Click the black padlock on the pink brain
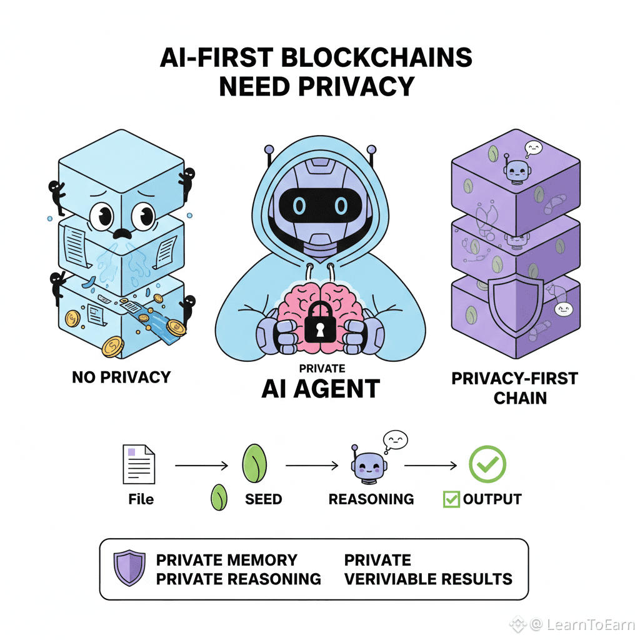coord(319,320)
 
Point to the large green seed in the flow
coord(254,463)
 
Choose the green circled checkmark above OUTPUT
coord(487,464)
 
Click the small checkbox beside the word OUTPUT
coord(451,499)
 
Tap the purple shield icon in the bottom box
coord(129,568)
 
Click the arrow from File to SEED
coord(202,466)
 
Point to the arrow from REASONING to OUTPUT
coord(431,466)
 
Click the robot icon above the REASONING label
coord(366,466)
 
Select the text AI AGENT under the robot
coord(320,389)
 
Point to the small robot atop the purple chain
coord(514,170)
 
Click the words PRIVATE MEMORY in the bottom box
coord(226,559)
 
